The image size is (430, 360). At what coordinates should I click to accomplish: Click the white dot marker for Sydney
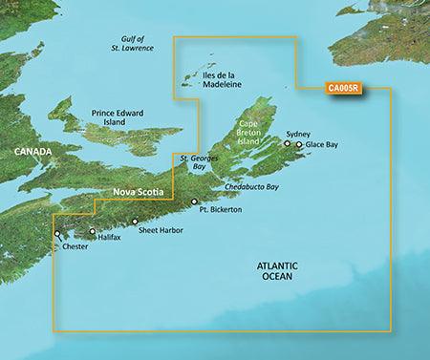click(287, 145)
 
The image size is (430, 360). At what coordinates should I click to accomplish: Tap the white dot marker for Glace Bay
click(299, 145)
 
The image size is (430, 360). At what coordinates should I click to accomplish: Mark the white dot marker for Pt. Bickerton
click(194, 201)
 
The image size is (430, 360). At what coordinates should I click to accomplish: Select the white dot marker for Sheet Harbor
click(135, 221)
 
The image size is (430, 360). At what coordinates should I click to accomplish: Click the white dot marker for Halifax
click(92, 231)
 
